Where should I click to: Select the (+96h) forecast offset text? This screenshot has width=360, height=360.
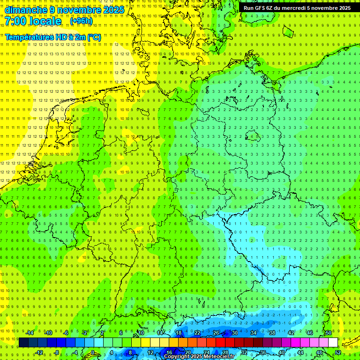point(81,21)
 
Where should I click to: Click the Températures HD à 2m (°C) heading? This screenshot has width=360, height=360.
point(53,37)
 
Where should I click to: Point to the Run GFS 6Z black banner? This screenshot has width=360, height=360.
point(297,7)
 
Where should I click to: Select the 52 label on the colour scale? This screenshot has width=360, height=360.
point(338,352)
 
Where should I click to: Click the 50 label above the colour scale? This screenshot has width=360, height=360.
point(329,333)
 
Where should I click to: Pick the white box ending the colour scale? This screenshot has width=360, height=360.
point(333,343)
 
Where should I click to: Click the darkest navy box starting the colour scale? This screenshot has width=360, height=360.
point(23,343)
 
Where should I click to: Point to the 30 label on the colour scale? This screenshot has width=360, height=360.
point(235,333)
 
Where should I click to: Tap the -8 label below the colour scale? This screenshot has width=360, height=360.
point(57,352)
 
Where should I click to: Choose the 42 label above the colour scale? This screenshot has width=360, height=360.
point(291,333)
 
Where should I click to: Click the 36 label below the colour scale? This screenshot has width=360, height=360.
point(263,352)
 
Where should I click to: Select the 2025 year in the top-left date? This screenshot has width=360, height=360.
point(113,10)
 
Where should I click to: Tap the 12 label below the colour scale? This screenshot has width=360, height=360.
point(150,352)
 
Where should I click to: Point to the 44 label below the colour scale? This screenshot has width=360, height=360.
point(300,352)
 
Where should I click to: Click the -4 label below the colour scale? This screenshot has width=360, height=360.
point(75,352)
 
